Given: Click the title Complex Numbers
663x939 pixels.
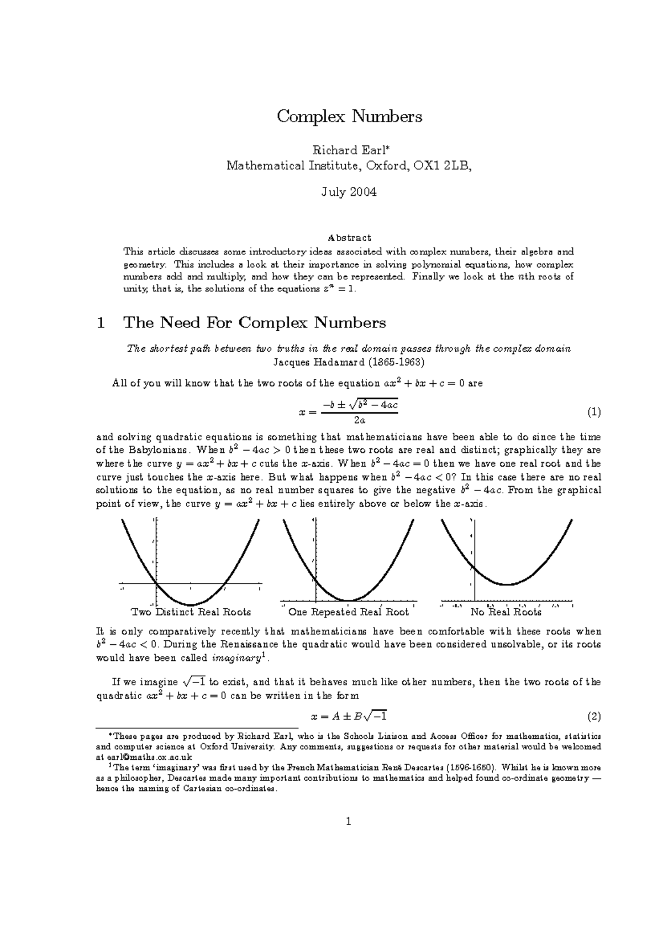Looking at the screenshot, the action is click(x=349, y=117).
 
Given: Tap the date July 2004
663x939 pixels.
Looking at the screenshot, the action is click(x=349, y=192).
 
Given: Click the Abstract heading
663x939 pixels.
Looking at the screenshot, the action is click(x=349, y=238).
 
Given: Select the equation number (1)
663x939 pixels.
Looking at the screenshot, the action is click(x=594, y=412).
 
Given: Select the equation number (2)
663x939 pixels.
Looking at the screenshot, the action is click(x=594, y=717).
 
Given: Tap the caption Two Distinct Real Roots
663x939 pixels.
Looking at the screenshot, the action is click(x=191, y=612).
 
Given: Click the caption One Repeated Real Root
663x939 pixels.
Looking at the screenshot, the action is click(x=348, y=612).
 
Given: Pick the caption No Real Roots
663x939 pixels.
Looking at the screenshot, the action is click(x=506, y=612).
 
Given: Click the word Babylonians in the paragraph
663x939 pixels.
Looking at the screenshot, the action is click(x=160, y=450).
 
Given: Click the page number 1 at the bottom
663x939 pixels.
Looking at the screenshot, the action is click(x=349, y=821).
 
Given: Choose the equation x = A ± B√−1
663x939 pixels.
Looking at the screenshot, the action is click(x=349, y=717).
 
